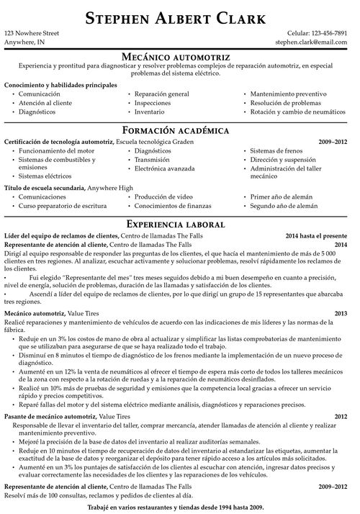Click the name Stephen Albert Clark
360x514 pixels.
click(x=180, y=17)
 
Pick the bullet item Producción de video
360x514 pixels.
click(x=163, y=196)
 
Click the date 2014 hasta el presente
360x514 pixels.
click(x=320, y=235)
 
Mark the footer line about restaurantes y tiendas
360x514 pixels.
click(x=180, y=508)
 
